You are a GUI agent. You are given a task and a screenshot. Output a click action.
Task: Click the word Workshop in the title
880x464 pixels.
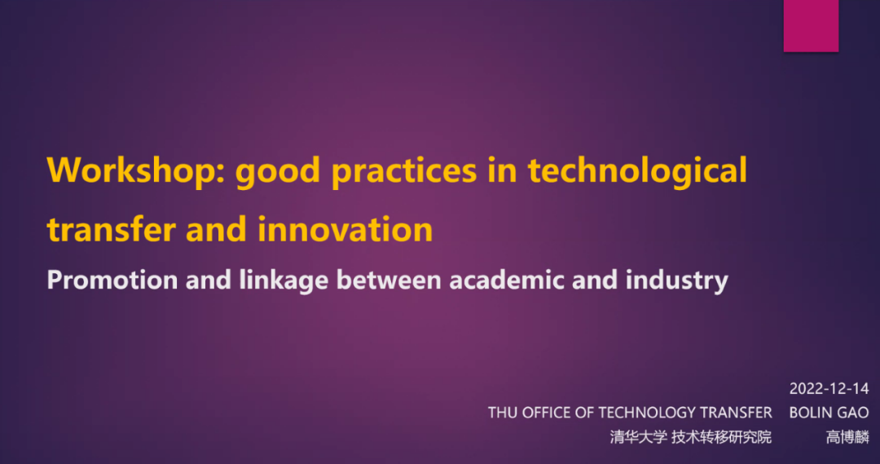coord(136,170)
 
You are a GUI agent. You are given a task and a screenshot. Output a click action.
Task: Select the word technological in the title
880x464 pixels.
coord(637,171)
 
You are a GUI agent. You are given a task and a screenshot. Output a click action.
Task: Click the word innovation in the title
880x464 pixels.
coord(345,229)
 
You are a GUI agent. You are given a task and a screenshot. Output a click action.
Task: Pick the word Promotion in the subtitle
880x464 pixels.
coord(112,279)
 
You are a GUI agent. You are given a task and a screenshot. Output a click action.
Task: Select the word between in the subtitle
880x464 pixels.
coord(389,279)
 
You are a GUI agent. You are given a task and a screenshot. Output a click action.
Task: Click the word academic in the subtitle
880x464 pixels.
coord(507,279)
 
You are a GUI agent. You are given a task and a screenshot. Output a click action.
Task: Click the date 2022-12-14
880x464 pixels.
coord(829,388)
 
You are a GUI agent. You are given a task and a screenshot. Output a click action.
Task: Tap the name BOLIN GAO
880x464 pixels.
coord(829,413)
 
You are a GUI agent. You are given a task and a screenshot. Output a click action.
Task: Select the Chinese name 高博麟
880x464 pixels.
coord(847,436)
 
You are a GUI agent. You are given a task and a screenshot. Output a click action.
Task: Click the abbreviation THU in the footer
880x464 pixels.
coord(502,413)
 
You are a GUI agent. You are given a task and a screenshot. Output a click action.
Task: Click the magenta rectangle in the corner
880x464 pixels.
coord(811,26)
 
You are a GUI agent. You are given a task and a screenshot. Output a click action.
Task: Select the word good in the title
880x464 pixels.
coord(278,171)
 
